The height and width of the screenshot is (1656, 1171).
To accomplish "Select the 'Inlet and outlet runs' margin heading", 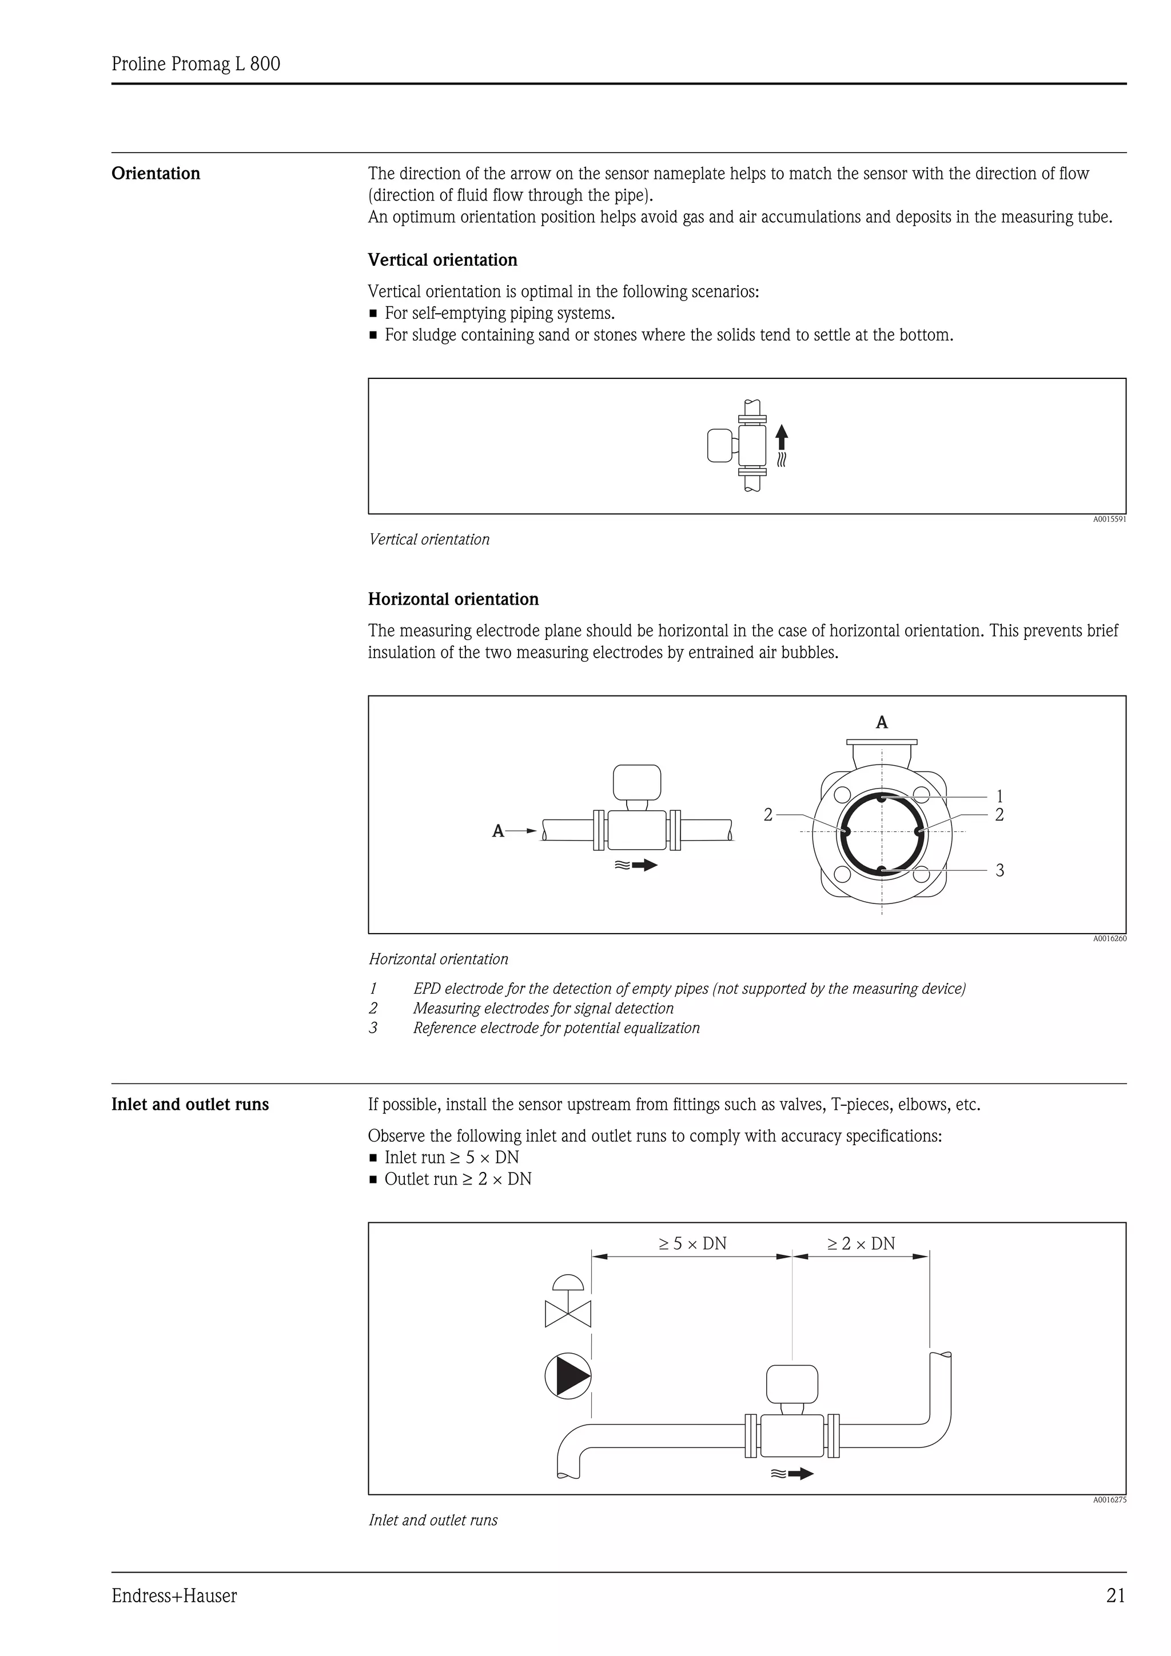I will [x=190, y=1105].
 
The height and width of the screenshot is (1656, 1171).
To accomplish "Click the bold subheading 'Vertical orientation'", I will [x=443, y=261].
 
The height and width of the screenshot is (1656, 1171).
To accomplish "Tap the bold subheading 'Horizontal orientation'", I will [x=453, y=599].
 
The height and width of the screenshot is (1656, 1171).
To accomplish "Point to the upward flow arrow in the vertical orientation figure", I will [x=782, y=437].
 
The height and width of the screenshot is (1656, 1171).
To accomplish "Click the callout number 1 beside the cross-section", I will [x=999, y=796].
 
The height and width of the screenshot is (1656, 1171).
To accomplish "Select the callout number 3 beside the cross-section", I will [x=999, y=870].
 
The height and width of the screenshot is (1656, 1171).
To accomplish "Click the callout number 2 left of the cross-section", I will [x=768, y=815].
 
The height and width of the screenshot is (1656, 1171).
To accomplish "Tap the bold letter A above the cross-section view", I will [x=881, y=722].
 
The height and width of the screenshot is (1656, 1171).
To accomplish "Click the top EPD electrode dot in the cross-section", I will [x=882, y=797].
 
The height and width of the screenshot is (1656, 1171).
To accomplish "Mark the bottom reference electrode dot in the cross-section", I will [x=882, y=870].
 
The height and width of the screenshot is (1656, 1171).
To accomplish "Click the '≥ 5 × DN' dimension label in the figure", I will [x=692, y=1243].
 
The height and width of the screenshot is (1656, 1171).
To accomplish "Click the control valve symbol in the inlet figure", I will [x=568, y=1303].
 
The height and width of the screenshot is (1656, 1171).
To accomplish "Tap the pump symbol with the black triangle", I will [x=568, y=1376].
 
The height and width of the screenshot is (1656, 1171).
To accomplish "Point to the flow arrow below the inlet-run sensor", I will [x=800, y=1474].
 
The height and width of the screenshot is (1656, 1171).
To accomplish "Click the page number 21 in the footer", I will [x=1115, y=1596].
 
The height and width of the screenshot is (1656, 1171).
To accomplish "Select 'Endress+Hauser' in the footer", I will [x=174, y=1596].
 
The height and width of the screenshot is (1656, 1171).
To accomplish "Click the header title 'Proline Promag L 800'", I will [x=196, y=64].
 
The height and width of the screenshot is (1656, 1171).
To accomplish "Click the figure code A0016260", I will [x=1109, y=938].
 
